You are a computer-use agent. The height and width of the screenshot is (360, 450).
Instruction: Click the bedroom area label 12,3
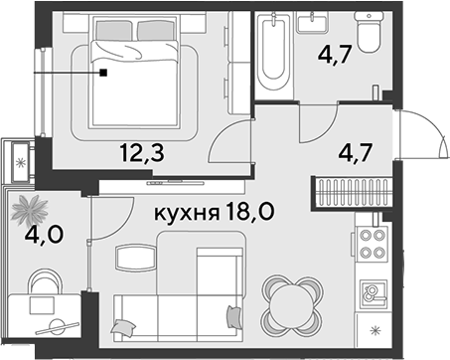(142, 153)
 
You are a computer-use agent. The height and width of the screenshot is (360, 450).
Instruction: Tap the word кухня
(187, 213)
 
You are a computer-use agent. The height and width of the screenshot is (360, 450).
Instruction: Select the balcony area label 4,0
(44, 235)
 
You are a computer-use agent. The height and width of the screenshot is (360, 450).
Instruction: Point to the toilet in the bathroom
(369, 32)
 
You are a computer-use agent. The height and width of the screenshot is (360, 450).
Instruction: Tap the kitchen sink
(375, 295)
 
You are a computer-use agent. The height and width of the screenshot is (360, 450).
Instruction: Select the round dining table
(291, 305)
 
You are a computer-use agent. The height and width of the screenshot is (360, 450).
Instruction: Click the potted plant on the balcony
(30, 210)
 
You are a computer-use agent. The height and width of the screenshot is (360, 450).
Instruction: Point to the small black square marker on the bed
(104, 73)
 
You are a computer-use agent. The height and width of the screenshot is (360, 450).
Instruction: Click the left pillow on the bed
(113, 31)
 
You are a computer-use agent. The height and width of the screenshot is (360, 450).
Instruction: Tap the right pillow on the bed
(155, 31)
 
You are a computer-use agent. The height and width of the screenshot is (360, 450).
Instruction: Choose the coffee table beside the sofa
(136, 258)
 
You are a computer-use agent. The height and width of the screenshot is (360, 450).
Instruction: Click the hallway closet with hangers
(352, 194)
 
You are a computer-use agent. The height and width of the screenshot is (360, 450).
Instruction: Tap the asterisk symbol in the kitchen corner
(375, 330)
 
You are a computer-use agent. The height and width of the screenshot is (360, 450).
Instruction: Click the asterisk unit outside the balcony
(21, 162)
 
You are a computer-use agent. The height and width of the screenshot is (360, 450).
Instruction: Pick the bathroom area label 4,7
(334, 55)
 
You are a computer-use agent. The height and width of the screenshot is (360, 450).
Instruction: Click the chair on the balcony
(46, 282)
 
